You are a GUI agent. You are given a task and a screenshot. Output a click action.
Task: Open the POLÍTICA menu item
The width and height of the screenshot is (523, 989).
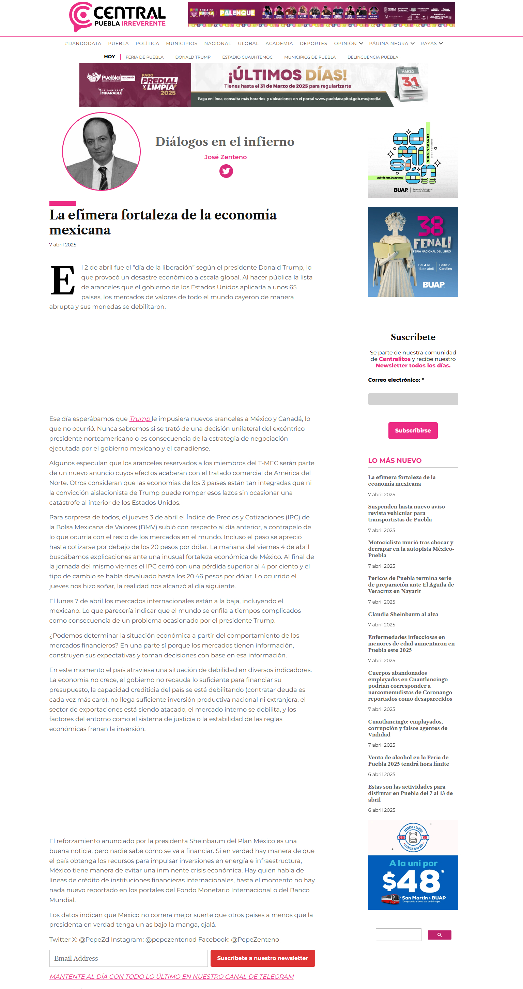point(147,43)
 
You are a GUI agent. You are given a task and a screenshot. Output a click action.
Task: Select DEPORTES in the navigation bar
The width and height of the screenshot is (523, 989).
point(313,43)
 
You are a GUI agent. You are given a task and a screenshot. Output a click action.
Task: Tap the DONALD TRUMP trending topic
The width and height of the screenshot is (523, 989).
point(193,57)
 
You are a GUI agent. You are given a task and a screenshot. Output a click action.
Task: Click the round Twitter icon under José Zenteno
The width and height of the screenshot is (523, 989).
point(226,171)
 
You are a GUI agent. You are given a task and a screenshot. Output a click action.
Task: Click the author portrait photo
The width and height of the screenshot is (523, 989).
point(101,151)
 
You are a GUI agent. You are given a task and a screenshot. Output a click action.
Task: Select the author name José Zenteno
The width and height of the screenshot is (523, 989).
point(225,157)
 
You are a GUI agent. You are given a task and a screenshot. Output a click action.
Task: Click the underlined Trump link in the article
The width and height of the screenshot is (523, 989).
point(140,419)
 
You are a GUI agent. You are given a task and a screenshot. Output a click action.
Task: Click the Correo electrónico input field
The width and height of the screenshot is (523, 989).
point(413,399)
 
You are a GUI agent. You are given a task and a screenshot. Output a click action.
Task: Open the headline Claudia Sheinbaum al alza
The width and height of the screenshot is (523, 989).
point(403,614)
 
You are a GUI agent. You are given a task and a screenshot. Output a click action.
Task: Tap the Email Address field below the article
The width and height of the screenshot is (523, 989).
point(128,958)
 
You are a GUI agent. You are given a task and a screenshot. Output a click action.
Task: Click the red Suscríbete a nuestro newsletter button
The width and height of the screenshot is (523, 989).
point(262,958)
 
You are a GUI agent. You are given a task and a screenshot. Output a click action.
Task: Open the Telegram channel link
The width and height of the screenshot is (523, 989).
point(171,976)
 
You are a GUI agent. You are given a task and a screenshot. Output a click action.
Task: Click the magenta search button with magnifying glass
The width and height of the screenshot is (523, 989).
point(439,935)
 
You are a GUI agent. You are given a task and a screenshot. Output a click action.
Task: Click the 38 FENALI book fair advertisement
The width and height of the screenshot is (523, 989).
point(413,252)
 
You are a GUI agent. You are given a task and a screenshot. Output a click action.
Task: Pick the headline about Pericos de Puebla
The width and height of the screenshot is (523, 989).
point(411,584)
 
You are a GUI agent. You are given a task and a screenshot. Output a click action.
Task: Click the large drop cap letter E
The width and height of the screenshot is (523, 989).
point(63,281)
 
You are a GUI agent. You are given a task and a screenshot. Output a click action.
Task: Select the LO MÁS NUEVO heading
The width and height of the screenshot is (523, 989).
point(395,460)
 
